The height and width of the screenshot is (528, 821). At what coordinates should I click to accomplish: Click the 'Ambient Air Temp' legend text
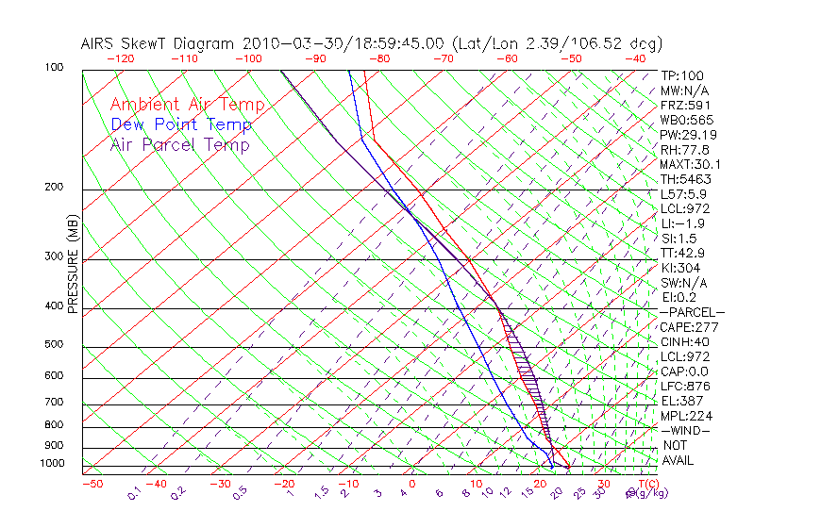coord(187,105)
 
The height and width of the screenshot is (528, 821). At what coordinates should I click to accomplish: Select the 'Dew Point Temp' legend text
coord(181,124)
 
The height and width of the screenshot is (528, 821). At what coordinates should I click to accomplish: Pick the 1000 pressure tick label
coord(53,464)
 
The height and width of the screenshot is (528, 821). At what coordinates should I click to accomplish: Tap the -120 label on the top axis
coord(120,58)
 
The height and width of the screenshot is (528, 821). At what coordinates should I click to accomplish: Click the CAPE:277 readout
coord(690,327)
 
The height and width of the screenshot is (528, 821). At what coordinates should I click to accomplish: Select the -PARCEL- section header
coord(692,312)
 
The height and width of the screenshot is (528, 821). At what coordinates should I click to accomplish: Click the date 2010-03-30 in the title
coord(281,43)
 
